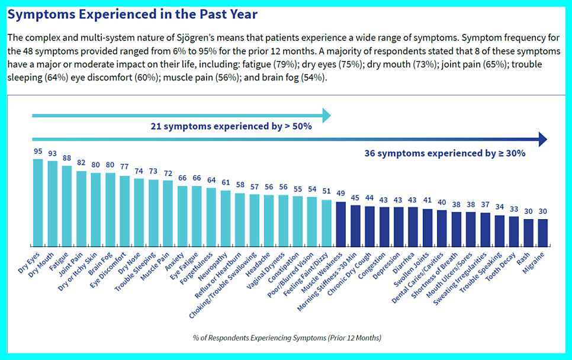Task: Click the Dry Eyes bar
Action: click(x=38, y=202)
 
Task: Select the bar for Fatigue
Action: click(x=67, y=205)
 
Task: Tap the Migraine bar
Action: click(x=542, y=232)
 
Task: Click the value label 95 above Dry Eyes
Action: click(x=38, y=152)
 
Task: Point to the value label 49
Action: click(x=340, y=194)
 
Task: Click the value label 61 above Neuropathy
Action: click(x=226, y=182)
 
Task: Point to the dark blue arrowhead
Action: click(x=542, y=140)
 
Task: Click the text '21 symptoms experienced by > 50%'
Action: click(x=231, y=126)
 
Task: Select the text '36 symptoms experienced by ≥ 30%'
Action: click(x=445, y=153)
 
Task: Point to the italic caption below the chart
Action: click(x=287, y=337)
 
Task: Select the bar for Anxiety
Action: click(x=182, y=216)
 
